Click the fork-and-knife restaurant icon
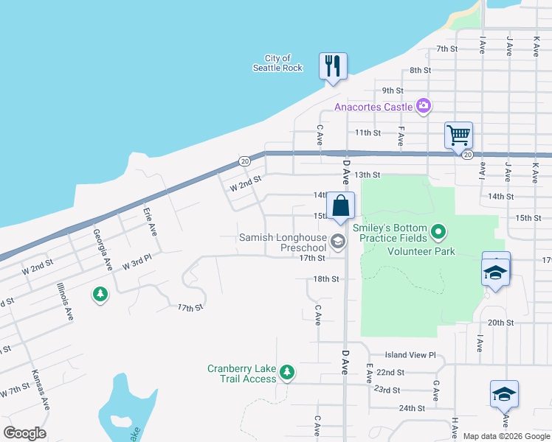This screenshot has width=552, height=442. pos(333,66)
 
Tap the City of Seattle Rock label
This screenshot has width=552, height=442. pos(277,63)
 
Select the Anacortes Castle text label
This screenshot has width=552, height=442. pos(373,107)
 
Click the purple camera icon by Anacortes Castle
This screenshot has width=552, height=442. pos(423,106)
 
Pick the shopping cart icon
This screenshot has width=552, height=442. pos(458,136)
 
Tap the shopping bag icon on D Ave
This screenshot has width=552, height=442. pos(340,206)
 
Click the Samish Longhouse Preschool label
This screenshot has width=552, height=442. pos(282,242)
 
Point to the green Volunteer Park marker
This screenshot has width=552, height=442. pos(438,234)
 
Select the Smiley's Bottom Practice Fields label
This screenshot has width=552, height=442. pos(390,233)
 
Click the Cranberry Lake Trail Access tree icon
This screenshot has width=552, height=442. pos(288,373)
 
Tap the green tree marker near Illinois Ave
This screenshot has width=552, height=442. pos(100,295)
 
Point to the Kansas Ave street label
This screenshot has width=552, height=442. pos(40,393)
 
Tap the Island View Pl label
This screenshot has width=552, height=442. pos(411,354)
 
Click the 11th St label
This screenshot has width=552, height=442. pos(367,133)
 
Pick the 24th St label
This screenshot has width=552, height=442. pos(411,407)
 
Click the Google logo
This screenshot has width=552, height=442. pos(24,432)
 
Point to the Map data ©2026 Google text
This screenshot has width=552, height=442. pos(506,436)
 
